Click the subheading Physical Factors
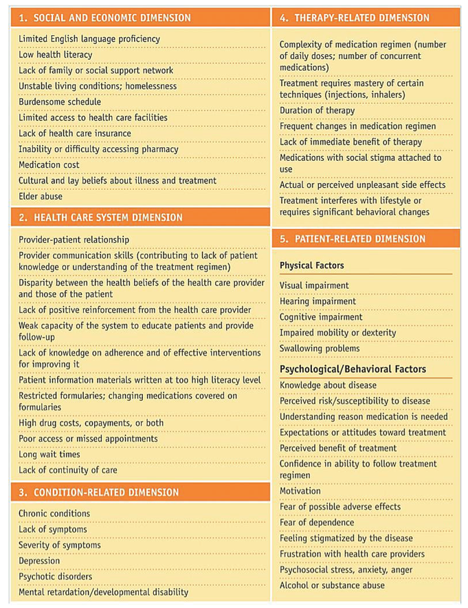click(x=311, y=265)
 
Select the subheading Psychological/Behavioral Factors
click(x=353, y=369)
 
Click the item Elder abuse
click(x=41, y=197)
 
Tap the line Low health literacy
click(x=55, y=55)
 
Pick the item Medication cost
click(x=49, y=165)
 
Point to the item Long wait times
click(x=49, y=455)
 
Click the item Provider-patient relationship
click(x=74, y=239)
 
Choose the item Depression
click(x=39, y=561)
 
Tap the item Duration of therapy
click(x=317, y=111)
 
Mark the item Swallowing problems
click(x=320, y=349)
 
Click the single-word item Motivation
click(x=300, y=491)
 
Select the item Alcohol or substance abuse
click(x=332, y=585)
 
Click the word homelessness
click(x=148, y=87)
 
